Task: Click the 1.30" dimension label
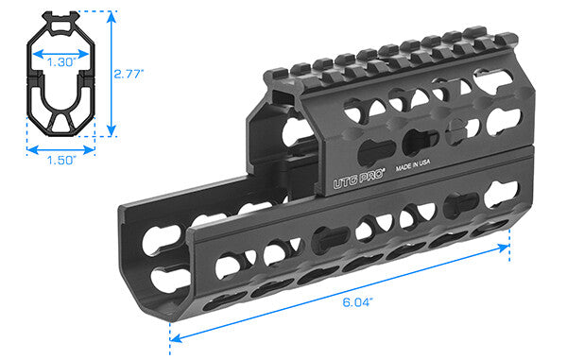pyautogui.click(x=60, y=60)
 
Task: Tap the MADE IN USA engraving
pyautogui.click(x=412, y=166)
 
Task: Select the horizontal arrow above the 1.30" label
pyautogui.click(x=60, y=50)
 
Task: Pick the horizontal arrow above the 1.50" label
pyautogui.click(x=60, y=148)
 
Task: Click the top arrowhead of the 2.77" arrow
pyautogui.click(x=112, y=15)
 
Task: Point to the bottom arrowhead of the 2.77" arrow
pyautogui.click(x=112, y=132)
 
